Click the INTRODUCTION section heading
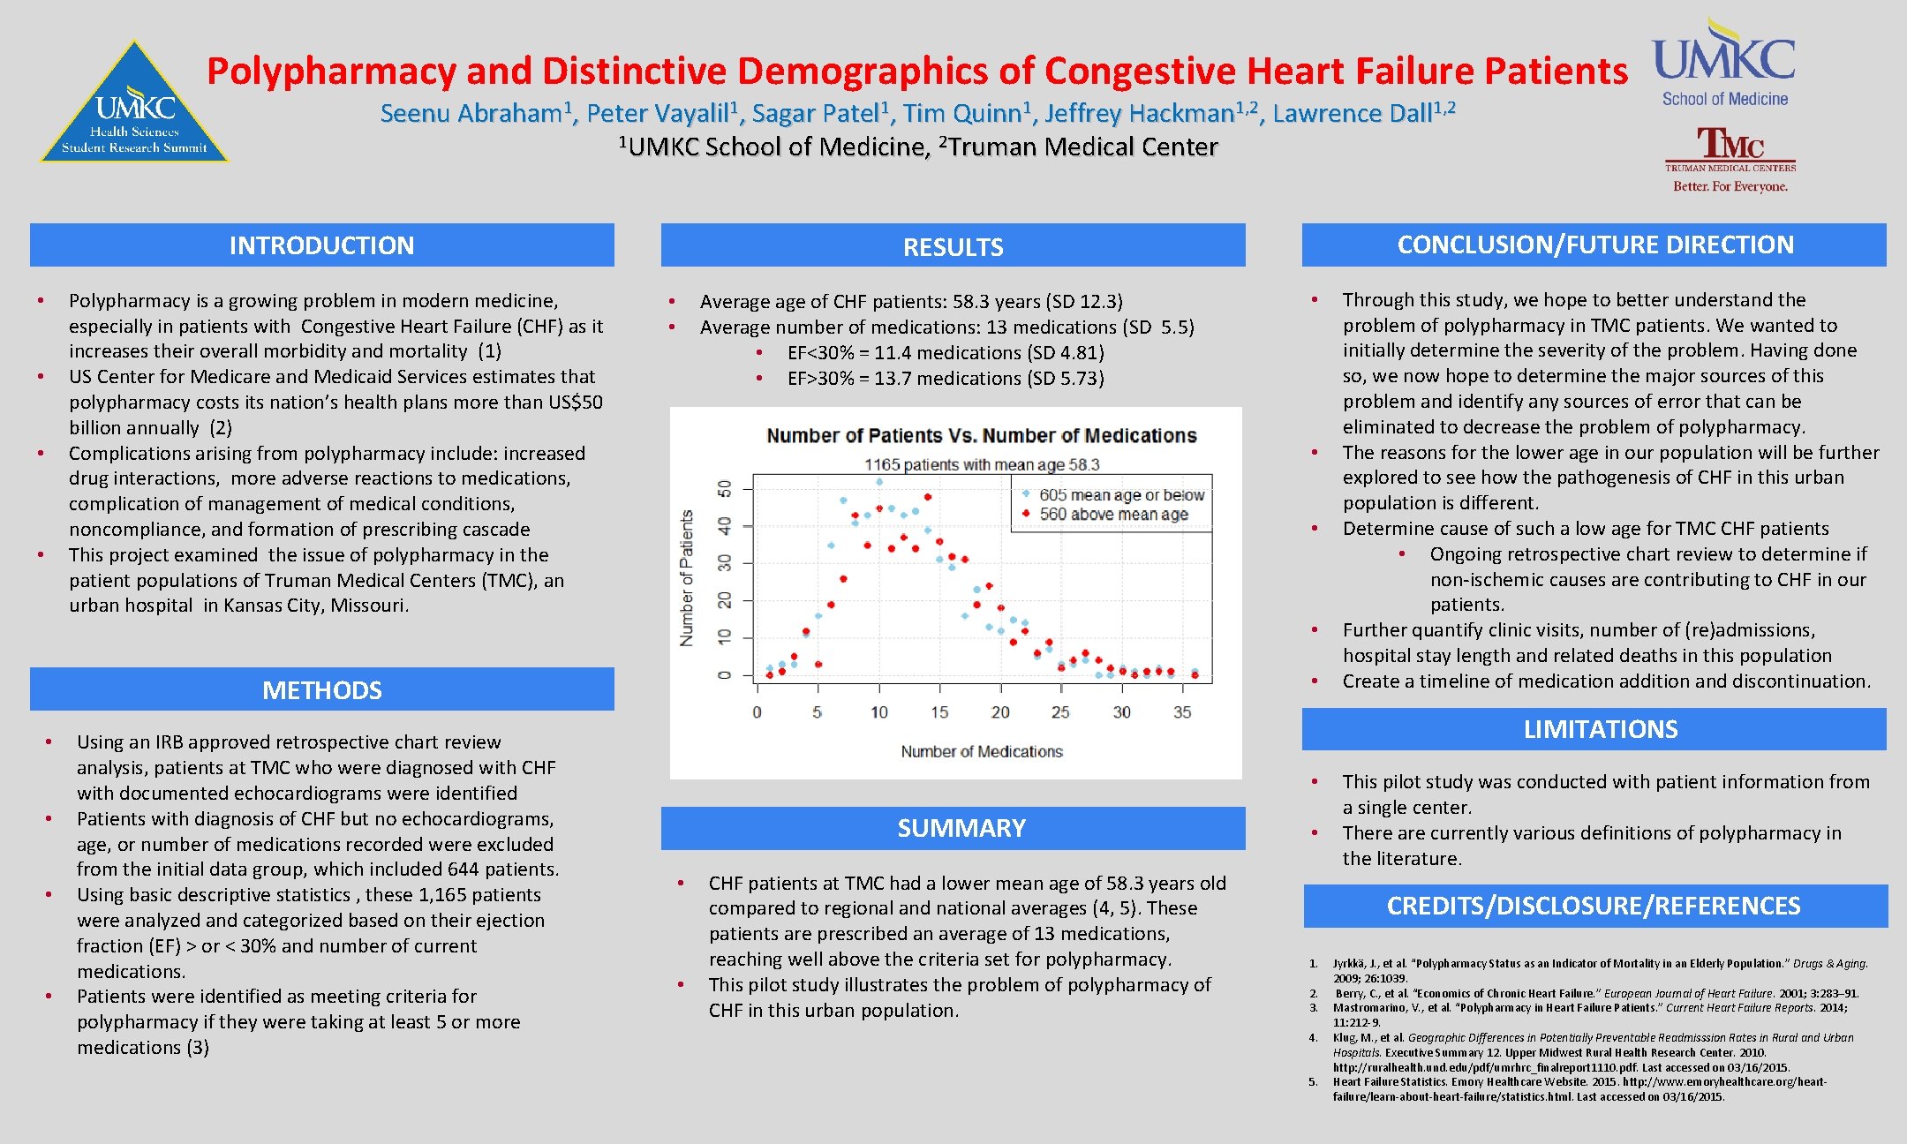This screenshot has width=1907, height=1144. click(x=321, y=245)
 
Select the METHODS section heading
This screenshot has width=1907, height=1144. click(x=321, y=690)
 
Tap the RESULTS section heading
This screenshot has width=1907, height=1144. click(x=953, y=247)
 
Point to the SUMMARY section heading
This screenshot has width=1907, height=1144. click(x=961, y=828)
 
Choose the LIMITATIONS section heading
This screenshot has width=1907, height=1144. click(x=1600, y=729)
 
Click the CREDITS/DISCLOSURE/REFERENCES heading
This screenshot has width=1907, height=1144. click(x=1594, y=906)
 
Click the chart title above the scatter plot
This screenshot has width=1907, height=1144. click(x=981, y=435)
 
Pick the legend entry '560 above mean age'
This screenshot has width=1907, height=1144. click(x=1113, y=514)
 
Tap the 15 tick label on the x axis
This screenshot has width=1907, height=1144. click(x=939, y=711)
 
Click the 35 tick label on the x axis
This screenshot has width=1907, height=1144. click(x=1182, y=711)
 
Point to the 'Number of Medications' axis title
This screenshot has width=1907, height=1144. click(x=982, y=751)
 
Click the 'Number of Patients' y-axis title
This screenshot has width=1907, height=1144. click(x=687, y=578)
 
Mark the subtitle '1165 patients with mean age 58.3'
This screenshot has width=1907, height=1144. click(x=982, y=464)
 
